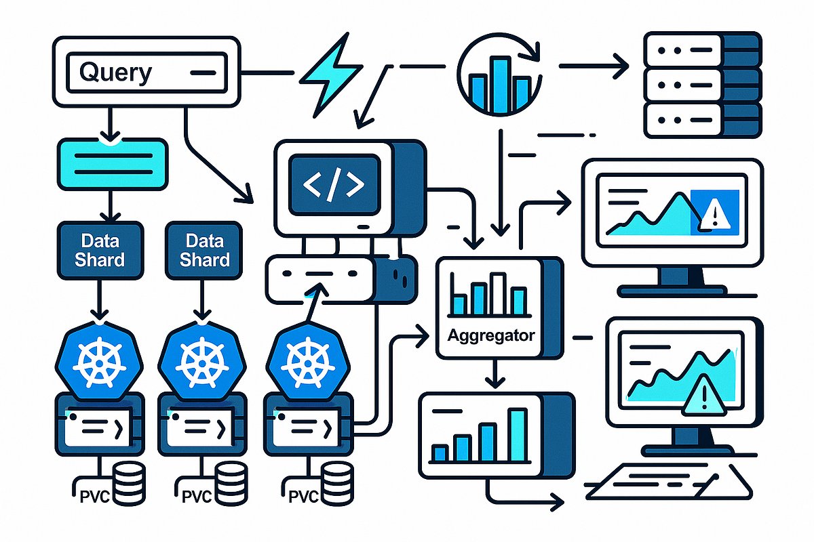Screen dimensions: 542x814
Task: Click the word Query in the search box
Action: (x=115, y=72)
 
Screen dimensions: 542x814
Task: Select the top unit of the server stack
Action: (x=692, y=48)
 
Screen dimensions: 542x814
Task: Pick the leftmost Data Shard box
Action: (x=100, y=249)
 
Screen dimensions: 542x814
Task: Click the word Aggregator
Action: (x=491, y=335)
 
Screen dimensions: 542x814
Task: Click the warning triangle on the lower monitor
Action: (x=699, y=398)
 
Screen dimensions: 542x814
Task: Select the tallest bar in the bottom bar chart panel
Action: (x=517, y=434)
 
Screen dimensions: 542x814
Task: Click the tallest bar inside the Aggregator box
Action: (x=499, y=294)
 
